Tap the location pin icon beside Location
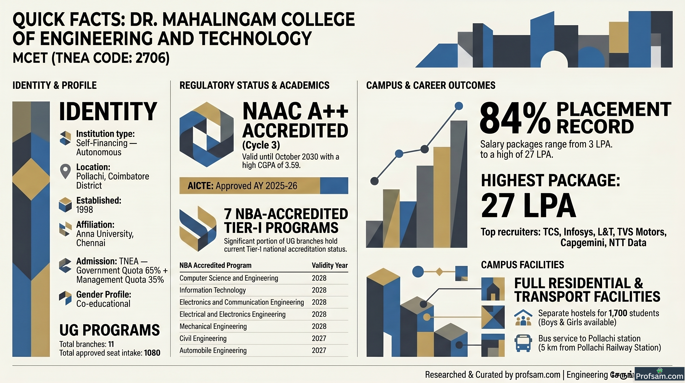pyautogui.click(x=65, y=171)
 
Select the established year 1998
pyautogui.click(x=85, y=210)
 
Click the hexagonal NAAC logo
pyautogui.click(x=207, y=134)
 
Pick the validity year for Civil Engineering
pyautogui.click(x=319, y=338)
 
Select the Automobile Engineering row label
pyautogui.click(x=213, y=351)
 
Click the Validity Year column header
pyautogui.click(x=330, y=265)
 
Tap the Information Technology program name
pyautogui.click(x=213, y=290)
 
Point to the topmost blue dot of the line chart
pyautogui.click(x=459, y=106)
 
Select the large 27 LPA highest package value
pyautogui.click(x=528, y=205)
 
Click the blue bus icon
pyautogui.click(x=523, y=343)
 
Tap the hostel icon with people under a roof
pyautogui.click(x=523, y=317)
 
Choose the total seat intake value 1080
pyautogui.click(x=152, y=353)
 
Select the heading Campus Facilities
pyautogui.click(x=522, y=265)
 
